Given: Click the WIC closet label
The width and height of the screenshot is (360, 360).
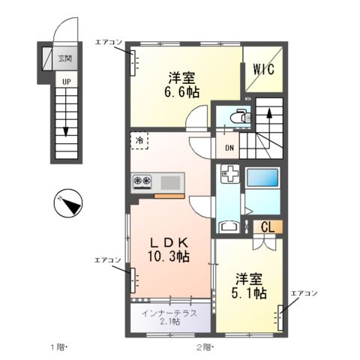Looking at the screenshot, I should click(262, 69).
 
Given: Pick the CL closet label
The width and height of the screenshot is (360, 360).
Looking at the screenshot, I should click(267, 226).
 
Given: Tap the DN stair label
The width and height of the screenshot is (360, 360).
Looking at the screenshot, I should click(229, 147).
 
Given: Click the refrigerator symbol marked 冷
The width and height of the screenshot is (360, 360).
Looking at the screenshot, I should click(139, 140).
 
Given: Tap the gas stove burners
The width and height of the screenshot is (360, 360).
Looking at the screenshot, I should click(142, 181).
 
